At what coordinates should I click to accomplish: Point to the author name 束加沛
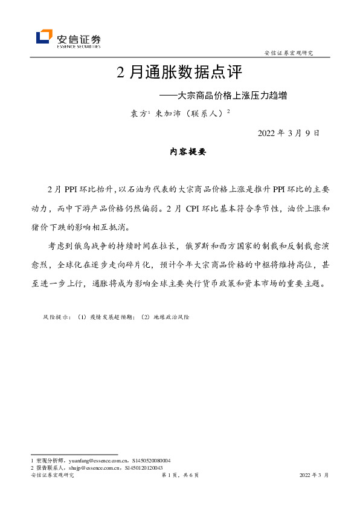(167, 113)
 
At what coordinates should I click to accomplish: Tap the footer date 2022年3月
(314, 476)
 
